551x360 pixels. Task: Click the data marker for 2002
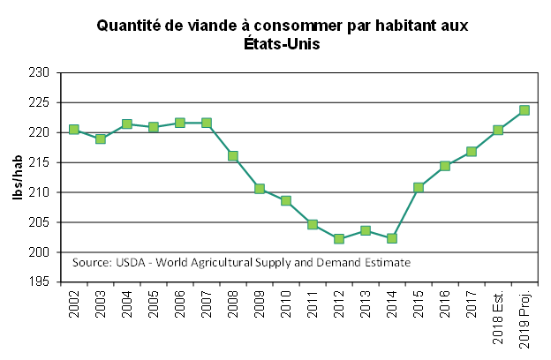tap(74, 130)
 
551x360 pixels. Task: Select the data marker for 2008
tap(233, 156)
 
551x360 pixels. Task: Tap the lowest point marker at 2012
tap(339, 238)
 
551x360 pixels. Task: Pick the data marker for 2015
tap(419, 187)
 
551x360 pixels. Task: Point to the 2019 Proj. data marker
tap(525, 110)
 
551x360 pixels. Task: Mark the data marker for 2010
tap(286, 200)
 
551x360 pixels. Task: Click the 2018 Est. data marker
tap(498, 130)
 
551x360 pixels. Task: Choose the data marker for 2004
tap(127, 124)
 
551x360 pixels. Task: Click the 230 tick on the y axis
tap(44, 72)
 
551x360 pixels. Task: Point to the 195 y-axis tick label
tap(44, 282)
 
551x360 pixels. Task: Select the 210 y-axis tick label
tap(44, 192)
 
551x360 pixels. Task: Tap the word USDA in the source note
tap(126, 263)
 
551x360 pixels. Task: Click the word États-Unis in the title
tap(281, 44)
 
